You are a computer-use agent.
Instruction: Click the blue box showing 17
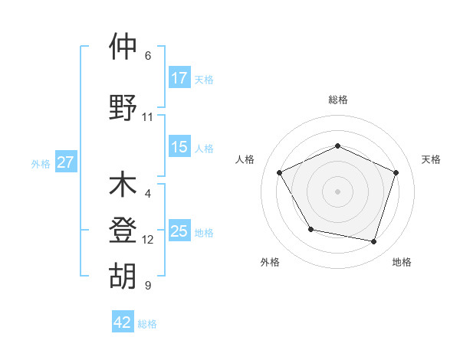[179, 77]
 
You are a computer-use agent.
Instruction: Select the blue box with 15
[179, 147]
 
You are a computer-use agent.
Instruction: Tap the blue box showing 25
[179, 231]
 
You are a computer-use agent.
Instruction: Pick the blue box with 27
[65, 162]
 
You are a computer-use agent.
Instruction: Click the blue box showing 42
[123, 322]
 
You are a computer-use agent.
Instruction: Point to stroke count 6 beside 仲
[148, 56]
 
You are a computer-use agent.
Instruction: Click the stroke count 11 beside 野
[148, 117]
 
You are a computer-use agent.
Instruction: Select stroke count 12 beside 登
[148, 240]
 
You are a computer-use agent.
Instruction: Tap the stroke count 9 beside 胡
[148, 286]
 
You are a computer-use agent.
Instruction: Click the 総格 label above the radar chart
[338, 100]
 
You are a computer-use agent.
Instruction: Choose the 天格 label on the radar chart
[431, 159]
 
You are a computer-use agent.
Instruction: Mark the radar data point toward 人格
[280, 172]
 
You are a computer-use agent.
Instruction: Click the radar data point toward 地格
[374, 241]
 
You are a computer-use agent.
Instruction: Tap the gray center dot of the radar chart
[338, 191]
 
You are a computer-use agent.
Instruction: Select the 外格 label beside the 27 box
[41, 163]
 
